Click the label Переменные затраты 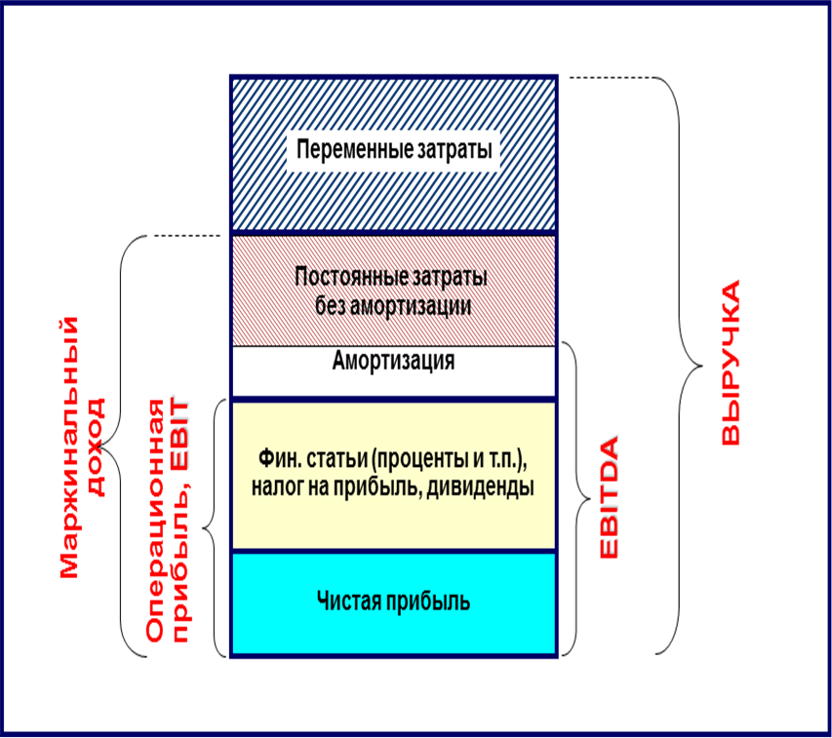393,152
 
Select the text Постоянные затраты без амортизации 393,291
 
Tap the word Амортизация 393,362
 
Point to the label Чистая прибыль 393,601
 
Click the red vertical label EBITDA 610,499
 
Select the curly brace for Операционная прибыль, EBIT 214,527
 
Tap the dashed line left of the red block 184,236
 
